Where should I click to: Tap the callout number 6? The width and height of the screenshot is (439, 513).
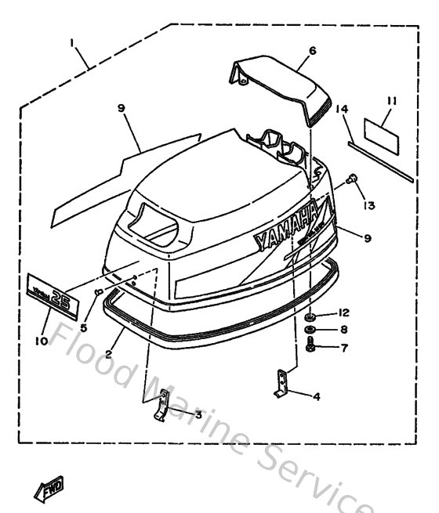(311, 51)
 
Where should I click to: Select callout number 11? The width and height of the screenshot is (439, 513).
(393, 101)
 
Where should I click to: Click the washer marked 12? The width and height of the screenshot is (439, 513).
(310, 316)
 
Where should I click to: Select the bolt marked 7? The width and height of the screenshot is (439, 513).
(310, 346)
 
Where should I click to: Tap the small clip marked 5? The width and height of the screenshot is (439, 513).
(98, 292)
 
